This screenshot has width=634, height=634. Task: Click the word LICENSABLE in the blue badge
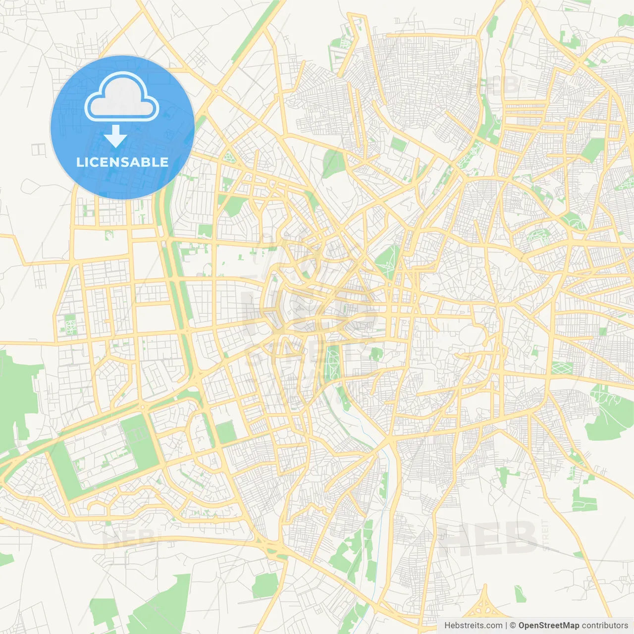[122, 162]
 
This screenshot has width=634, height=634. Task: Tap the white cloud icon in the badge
[122, 97]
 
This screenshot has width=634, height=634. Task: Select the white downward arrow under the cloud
[115, 136]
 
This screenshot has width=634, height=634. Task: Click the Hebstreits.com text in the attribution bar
[473, 626]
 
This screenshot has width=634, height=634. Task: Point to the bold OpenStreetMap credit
[549, 626]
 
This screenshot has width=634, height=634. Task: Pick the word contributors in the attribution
[605, 626]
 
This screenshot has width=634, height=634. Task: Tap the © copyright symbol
[513, 626]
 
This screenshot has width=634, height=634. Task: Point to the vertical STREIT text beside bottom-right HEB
[545, 535]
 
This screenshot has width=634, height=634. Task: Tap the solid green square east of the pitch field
[226, 432]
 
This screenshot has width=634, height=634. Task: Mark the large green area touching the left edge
[15, 396]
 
